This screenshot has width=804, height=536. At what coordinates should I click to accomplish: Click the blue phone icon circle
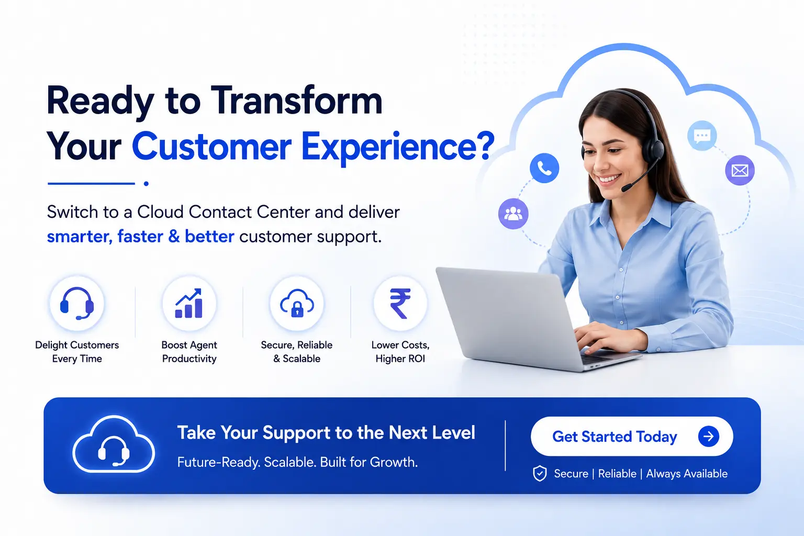[544, 168]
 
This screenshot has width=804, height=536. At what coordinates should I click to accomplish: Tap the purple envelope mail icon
[740, 170]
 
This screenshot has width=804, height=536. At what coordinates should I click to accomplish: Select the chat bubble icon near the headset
[702, 136]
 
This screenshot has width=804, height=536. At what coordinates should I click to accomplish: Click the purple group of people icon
[513, 214]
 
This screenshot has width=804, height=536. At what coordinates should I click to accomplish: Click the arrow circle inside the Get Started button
[709, 436]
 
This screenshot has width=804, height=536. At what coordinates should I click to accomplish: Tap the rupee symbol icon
[400, 304]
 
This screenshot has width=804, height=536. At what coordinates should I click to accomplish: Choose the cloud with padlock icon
[297, 304]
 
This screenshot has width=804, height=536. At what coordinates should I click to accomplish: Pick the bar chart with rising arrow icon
[189, 304]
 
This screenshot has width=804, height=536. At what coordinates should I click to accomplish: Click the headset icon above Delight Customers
[77, 304]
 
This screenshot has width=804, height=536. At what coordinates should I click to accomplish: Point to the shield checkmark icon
[540, 474]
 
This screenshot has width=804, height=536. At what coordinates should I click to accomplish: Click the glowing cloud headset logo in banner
[114, 444]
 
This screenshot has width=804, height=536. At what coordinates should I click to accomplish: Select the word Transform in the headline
[296, 101]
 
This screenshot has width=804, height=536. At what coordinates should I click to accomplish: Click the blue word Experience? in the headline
[398, 147]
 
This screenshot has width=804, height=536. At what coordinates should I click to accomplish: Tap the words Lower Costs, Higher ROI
[400, 351]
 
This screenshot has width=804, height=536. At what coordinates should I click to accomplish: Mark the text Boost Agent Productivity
[189, 351]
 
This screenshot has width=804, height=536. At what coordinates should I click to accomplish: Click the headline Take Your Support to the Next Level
[326, 432]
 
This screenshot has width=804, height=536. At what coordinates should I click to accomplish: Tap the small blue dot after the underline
[146, 184]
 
